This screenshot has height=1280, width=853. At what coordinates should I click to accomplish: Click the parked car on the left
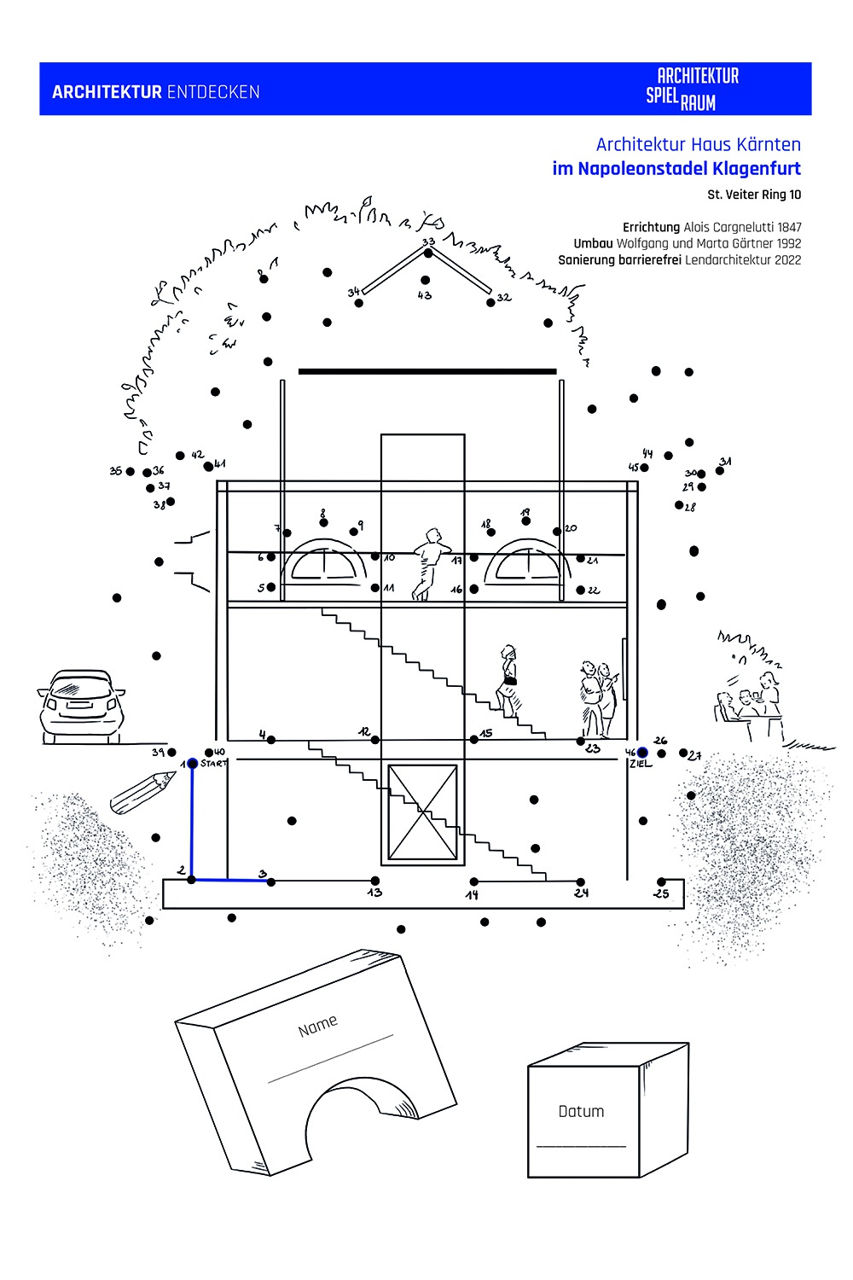click(81, 707)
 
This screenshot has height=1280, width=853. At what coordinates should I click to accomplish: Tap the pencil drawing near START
click(142, 792)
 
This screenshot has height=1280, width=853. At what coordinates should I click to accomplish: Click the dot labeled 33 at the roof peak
click(428, 252)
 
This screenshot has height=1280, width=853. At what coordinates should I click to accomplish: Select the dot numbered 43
click(425, 280)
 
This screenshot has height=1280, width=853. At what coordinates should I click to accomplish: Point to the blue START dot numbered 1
click(193, 763)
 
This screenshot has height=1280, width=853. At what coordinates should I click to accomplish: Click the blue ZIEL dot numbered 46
click(641, 752)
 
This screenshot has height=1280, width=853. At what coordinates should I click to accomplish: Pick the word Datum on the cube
click(581, 1111)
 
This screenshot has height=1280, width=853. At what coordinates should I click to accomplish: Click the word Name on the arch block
click(317, 1026)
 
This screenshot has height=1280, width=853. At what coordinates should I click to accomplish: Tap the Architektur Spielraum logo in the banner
click(692, 89)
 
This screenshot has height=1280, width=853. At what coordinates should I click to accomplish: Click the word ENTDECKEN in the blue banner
click(213, 92)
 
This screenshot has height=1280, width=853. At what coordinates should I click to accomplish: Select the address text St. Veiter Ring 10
click(754, 195)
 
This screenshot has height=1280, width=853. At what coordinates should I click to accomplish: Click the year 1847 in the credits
click(789, 227)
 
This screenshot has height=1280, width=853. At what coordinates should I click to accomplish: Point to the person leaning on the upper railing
click(428, 563)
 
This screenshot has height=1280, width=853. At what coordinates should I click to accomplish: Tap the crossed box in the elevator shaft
click(422, 812)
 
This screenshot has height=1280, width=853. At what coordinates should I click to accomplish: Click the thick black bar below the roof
click(426, 371)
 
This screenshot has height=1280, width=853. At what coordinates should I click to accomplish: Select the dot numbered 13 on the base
click(374, 881)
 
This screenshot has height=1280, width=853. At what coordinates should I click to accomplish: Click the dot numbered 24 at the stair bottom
click(580, 881)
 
